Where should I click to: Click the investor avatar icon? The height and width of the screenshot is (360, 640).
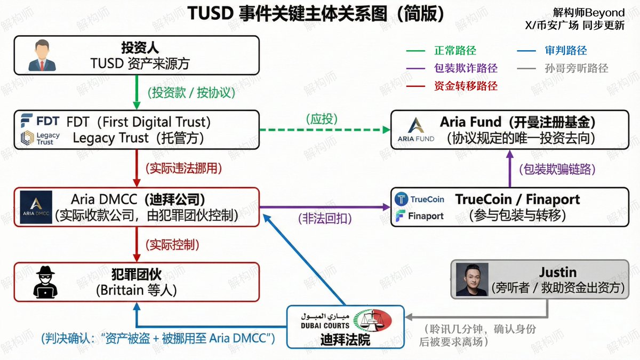43,55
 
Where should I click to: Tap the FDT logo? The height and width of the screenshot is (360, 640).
40,121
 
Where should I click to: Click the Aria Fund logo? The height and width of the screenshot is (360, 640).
416,130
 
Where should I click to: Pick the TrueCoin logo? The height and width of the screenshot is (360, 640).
419,199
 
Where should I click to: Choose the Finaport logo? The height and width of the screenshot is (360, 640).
419,216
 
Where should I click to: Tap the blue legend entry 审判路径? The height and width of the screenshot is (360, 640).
566,51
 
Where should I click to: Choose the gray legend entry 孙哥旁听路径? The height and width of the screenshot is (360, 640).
577,68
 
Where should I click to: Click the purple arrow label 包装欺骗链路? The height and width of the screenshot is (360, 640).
557,169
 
